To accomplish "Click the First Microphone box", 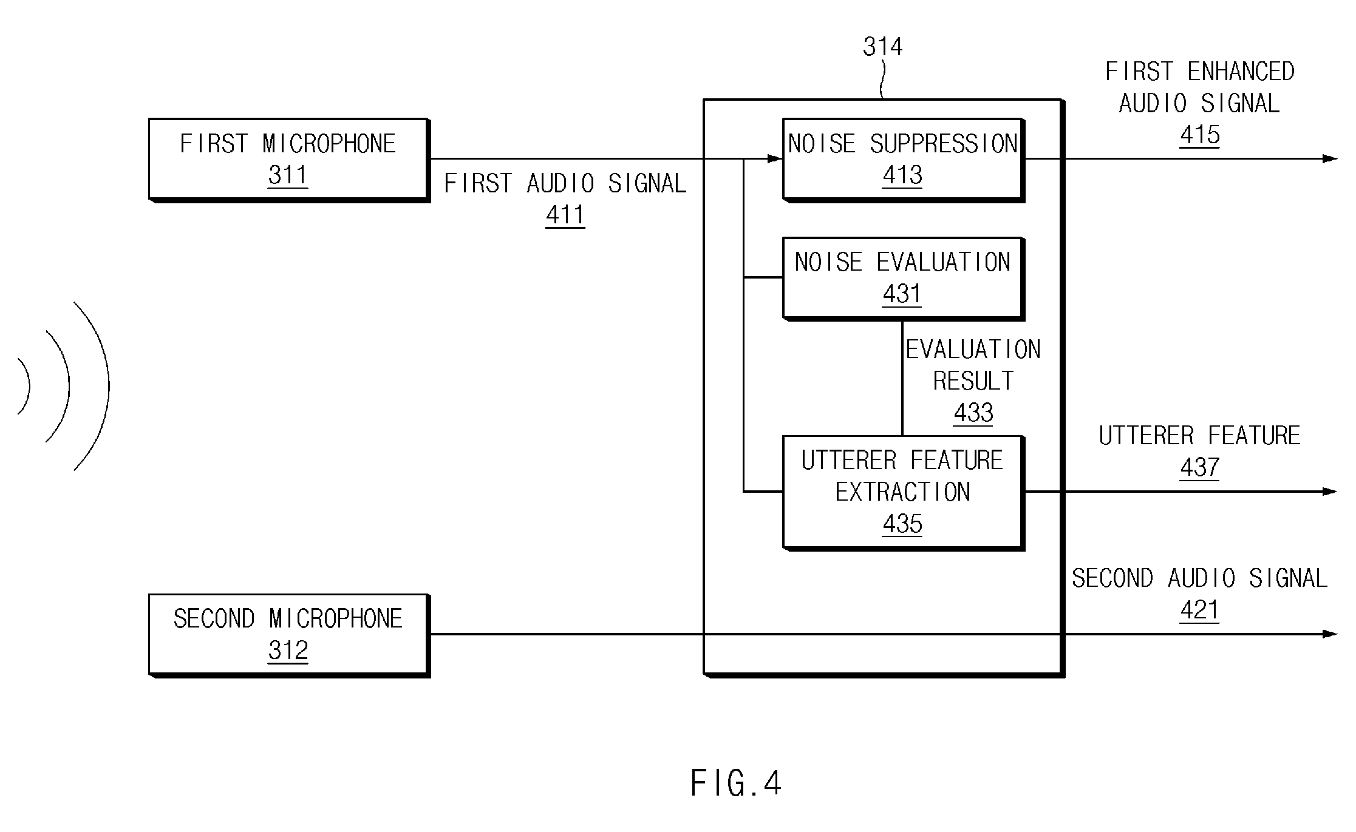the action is tap(289, 160).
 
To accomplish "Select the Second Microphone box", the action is tap(289, 635).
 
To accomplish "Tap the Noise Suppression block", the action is tap(903, 160).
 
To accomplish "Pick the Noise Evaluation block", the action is tap(903, 279).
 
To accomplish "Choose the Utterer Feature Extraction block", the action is tap(903, 492).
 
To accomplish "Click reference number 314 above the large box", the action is tap(882, 47).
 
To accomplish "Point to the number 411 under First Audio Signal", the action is tap(565, 215).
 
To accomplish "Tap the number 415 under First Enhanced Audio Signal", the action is tap(1199, 135).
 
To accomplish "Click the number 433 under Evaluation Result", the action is tap(973, 413).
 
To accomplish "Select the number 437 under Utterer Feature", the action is tap(1199, 467).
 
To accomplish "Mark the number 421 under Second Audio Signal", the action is tap(1199, 610).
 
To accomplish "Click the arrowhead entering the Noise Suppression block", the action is tap(775, 159).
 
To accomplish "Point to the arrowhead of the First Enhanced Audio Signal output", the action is tap(1329, 159).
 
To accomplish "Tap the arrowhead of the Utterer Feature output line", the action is tap(1329, 492).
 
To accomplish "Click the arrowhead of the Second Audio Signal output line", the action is tap(1329, 634).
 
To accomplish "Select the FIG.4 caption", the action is tap(735, 783).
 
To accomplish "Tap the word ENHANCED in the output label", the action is tap(1241, 72).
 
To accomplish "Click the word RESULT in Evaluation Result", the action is tap(973, 381).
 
